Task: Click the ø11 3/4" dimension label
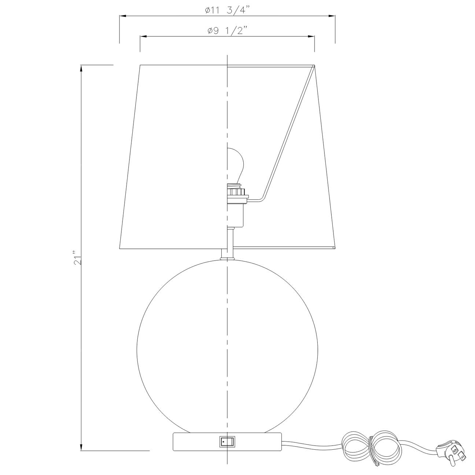227,10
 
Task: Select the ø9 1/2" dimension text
227,30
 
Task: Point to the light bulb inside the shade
235,166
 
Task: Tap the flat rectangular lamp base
227,448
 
